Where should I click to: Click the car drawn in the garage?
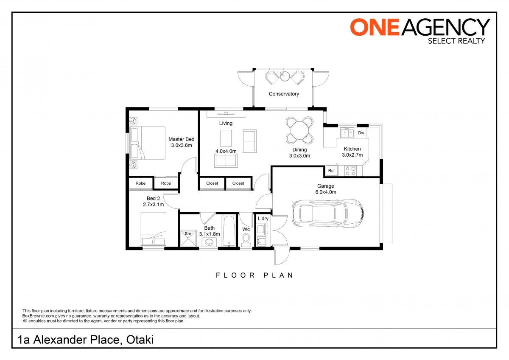click(327, 213)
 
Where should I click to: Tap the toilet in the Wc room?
click(246, 240)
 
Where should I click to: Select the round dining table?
click(300, 130)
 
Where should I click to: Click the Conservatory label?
click(284, 94)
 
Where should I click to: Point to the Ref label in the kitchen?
click(331, 171)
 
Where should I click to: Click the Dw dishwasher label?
click(361, 133)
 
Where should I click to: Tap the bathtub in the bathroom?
click(229, 231)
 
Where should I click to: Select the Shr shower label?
click(188, 233)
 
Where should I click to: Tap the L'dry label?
click(263, 219)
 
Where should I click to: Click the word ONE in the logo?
click(375, 27)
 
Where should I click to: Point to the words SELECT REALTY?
click(456, 41)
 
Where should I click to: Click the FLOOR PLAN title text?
click(255, 276)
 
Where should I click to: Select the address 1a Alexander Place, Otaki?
click(86, 340)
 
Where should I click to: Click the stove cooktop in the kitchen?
click(350, 171)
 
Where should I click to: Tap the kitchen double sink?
click(347, 133)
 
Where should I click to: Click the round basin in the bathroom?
click(209, 242)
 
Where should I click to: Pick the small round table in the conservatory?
click(284, 76)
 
